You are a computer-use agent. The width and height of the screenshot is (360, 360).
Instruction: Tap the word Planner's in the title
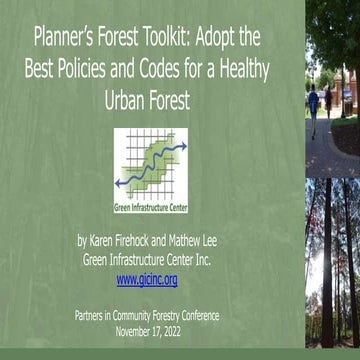coord(66,39)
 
